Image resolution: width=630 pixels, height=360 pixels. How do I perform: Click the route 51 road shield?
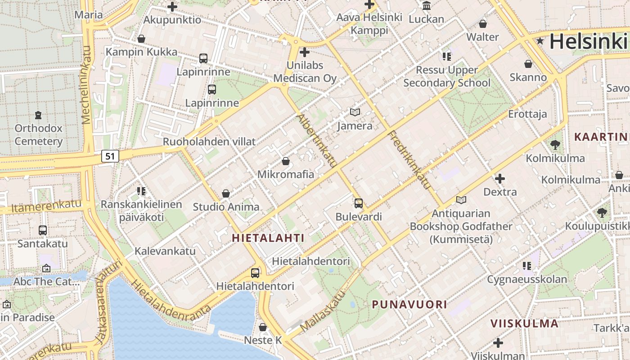(x=110, y=156)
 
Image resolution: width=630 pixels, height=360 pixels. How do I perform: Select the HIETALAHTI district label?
(x=268, y=238)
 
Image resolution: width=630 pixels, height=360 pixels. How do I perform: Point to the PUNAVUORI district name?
(x=409, y=304)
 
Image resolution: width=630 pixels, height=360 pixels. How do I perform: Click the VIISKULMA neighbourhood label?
(x=524, y=323)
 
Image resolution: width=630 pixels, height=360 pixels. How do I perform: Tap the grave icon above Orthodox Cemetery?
(x=38, y=115)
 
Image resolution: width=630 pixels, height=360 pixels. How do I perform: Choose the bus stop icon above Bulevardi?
(x=358, y=203)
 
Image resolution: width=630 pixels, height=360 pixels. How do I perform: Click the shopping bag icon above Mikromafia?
(x=285, y=161)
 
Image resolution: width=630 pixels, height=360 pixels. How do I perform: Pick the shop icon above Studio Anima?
(x=226, y=193)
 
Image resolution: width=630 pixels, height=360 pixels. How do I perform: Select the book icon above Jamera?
(x=355, y=112)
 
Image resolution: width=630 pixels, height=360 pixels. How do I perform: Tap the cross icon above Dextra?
(x=499, y=179)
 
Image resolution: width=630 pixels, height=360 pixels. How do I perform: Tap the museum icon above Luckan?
(x=426, y=5)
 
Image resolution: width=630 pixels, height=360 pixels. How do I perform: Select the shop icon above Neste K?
(x=263, y=327)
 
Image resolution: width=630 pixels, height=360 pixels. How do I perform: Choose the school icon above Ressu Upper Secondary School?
(x=446, y=57)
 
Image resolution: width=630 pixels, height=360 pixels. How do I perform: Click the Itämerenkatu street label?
(x=47, y=207)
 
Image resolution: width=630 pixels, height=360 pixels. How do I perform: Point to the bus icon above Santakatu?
(x=43, y=230)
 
